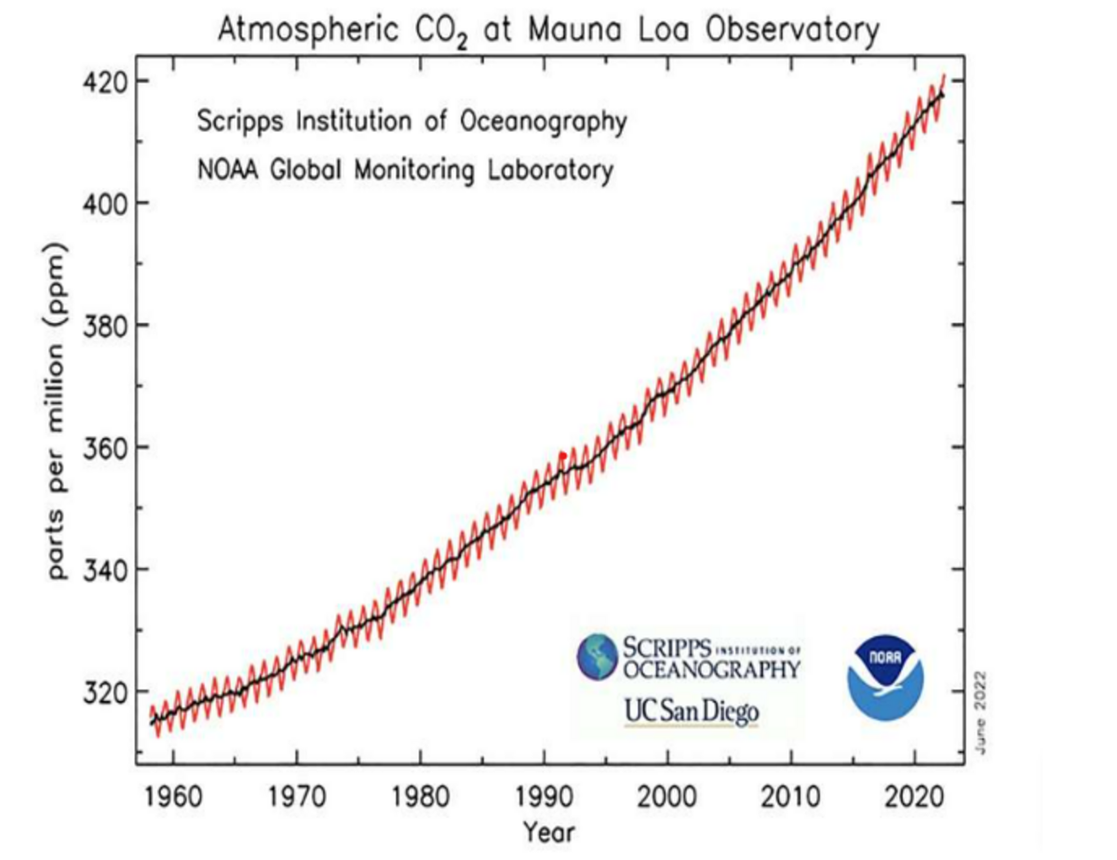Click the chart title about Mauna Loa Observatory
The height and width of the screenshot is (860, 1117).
pyautogui.click(x=548, y=31)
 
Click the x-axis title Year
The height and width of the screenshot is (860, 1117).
pyautogui.click(x=548, y=831)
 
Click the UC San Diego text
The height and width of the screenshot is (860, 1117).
pyautogui.click(x=692, y=712)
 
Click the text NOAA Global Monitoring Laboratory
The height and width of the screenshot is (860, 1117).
pyautogui.click(x=405, y=170)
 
